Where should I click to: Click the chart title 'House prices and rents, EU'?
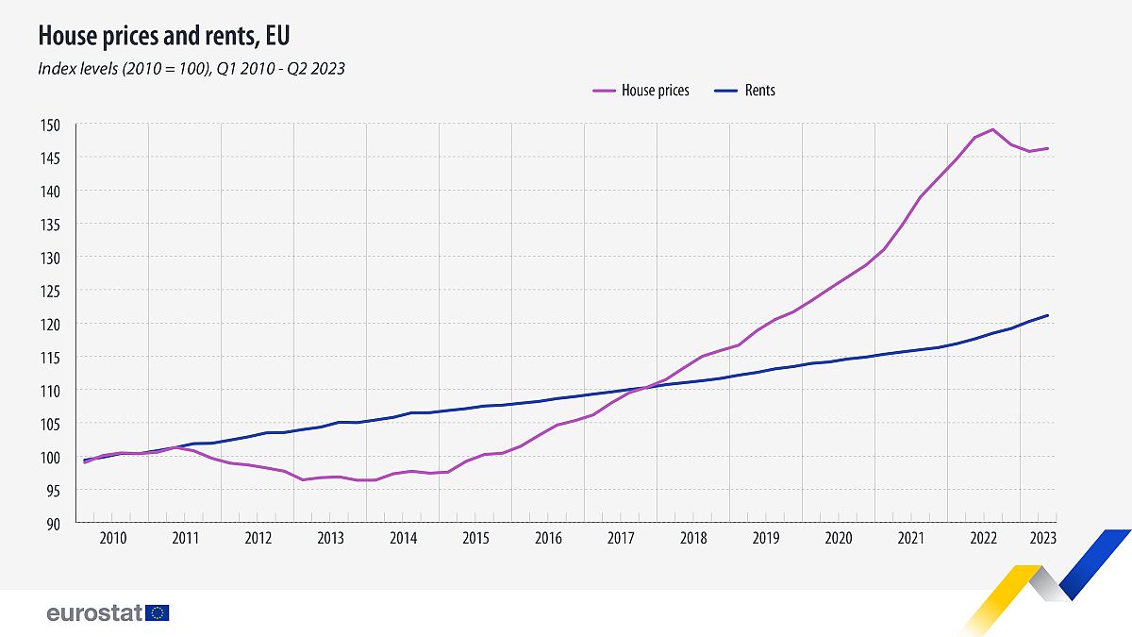tap(163, 37)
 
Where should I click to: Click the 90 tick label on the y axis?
tap(54, 523)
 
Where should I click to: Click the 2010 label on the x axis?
tap(112, 539)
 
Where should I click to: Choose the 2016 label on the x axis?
tap(548, 539)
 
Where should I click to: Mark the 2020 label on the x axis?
tap(839, 539)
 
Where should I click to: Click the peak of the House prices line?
tap(992, 129)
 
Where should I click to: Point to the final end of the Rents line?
tap(1047, 315)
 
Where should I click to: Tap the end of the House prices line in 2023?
tap(1047, 148)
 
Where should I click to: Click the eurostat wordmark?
tap(93, 613)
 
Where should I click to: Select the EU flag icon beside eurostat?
tap(158, 613)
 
